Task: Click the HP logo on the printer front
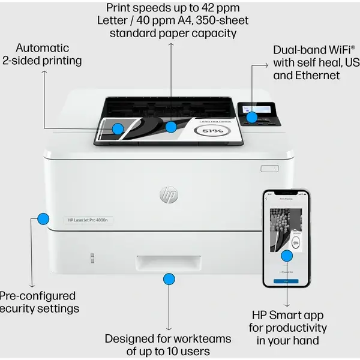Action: coord(168,194)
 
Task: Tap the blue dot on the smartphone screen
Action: coord(287,256)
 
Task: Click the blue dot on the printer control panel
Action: coord(253,118)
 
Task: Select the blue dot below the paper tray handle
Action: coord(169,279)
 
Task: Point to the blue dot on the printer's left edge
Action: coord(43,218)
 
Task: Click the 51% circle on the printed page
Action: coord(212,130)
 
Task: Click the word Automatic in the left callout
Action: coord(42,47)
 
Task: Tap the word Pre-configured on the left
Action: coord(37,296)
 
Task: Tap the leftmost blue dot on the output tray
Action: coord(118,128)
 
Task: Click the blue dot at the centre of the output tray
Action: coord(171,127)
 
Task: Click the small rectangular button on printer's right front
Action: coord(269,169)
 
